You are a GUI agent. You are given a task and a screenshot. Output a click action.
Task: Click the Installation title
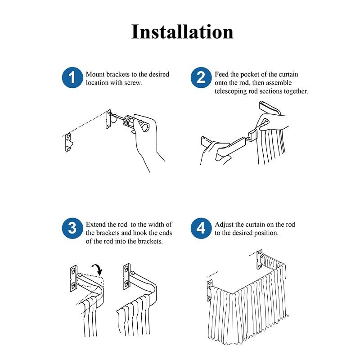[x=182, y=31]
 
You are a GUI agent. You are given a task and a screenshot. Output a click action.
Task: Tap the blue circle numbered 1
[x=72, y=77]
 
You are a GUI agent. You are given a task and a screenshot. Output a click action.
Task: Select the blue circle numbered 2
[x=201, y=77]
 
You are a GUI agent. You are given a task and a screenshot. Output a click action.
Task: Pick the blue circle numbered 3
[x=72, y=228]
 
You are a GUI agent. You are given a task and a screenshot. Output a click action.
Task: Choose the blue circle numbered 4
[x=201, y=228]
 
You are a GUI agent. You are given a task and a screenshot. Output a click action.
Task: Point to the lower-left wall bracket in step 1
[x=69, y=143]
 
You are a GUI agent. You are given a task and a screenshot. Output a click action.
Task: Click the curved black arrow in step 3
[x=98, y=269]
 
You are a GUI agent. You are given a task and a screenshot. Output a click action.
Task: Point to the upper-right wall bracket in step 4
[x=260, y=259]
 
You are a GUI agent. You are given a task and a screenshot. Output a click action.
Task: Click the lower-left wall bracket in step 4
[x=209, y=290]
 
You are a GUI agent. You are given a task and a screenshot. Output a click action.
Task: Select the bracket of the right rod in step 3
[x=127, y=276]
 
